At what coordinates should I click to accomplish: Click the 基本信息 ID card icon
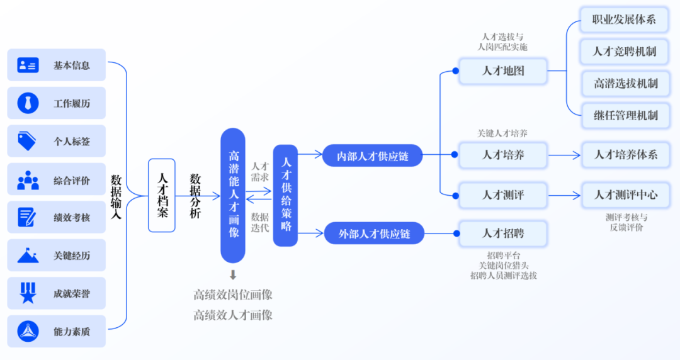coord(28,65)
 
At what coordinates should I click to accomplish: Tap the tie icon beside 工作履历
coord(28,103)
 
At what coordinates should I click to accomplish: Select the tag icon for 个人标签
coord(27,141)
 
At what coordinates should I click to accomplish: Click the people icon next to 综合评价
coord(28,180)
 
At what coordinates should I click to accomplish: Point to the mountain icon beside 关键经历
coord(28,256)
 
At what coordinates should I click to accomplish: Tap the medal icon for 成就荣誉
coord(28,293)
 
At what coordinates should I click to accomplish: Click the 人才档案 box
coord(162,195)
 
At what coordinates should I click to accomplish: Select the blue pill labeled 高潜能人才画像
coord(233,195)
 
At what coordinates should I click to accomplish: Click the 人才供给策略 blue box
coord(285,195)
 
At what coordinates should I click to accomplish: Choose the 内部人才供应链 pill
coord(372,155)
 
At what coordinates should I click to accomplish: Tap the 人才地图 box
coord(503,71)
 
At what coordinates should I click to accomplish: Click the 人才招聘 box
coord(503,233)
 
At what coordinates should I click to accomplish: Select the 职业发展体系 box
coord(624,20)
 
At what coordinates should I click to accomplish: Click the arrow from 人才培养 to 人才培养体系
coord(563,155)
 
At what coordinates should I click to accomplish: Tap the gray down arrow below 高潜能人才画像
coord(233,274)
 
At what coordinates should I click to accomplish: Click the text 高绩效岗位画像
coord(233,295)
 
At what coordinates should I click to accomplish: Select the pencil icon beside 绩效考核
coord(28,217)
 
